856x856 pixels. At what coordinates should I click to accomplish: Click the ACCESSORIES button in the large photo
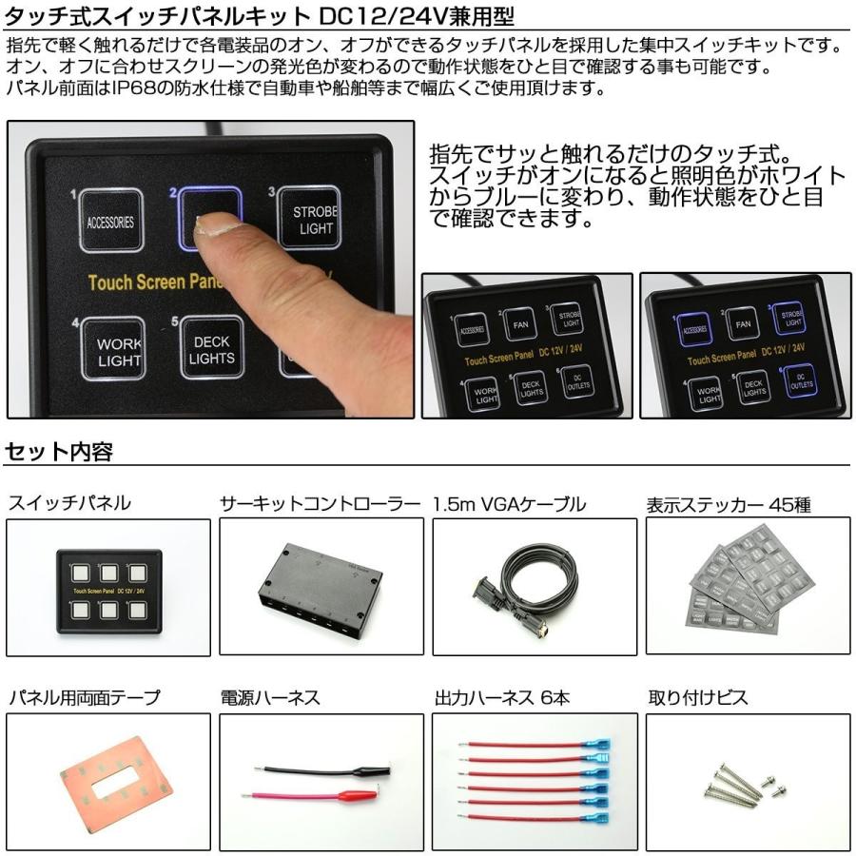coord(110,221)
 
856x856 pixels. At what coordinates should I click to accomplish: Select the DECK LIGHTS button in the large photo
coord(211,348)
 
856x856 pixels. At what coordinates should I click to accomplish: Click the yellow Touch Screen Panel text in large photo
coord(157,282)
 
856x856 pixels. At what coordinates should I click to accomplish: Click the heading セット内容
coord(59,453)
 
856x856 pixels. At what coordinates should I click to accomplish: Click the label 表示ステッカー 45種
coord(729,505)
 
